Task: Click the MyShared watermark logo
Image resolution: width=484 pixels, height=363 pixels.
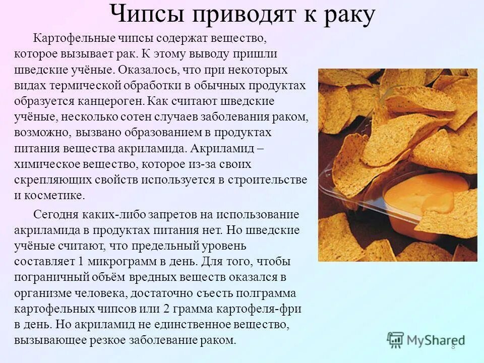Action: point(426,339)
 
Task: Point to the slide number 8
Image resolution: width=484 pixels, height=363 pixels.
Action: point(453,347)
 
